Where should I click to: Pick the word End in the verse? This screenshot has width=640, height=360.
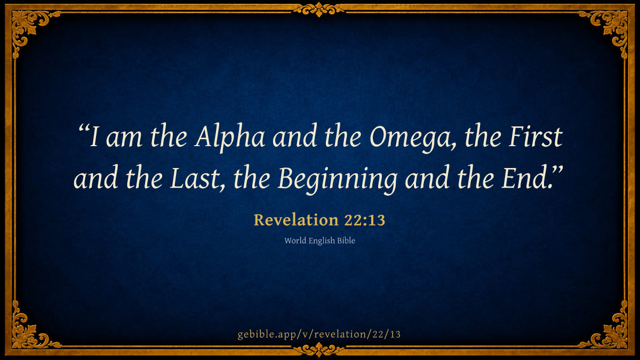point(526,178)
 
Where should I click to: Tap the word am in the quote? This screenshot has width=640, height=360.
point(124,140)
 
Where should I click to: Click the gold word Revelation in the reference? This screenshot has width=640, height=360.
point(297,220)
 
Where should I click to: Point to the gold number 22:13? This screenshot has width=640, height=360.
point(365,220)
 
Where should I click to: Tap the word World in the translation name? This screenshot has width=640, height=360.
point(295,241)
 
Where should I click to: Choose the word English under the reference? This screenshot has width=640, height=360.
point(322,241)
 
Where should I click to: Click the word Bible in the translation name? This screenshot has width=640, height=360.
point(346,241)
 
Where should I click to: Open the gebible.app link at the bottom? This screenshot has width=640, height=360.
point(319,334)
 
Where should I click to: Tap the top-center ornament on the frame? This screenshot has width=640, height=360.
point(319,10)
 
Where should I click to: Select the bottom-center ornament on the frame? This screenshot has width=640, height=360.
point(319,350)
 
